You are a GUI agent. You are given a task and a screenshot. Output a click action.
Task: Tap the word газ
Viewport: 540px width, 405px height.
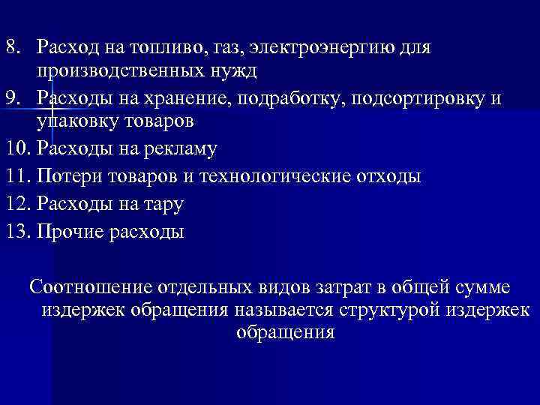[226, 49]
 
